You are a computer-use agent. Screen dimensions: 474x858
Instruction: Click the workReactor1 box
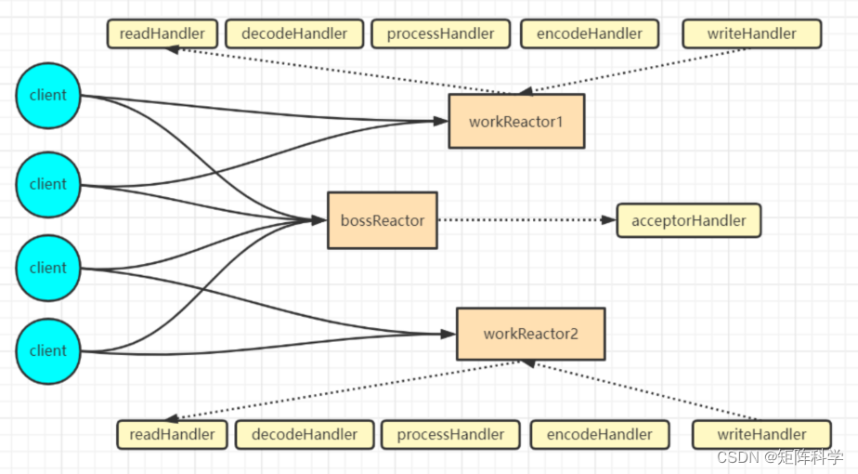point(516,121)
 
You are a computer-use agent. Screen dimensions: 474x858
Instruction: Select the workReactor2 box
point(530,334)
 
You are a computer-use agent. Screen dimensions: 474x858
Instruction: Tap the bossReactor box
point(382,220)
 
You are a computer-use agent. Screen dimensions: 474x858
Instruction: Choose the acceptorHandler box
point(688,220)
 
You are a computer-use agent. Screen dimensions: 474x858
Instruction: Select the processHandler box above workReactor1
point(440,33)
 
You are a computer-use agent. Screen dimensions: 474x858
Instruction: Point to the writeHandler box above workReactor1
point(751,33)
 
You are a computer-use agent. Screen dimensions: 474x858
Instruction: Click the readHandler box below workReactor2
point(172,434)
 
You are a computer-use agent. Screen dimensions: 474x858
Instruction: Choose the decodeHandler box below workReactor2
point(304,434)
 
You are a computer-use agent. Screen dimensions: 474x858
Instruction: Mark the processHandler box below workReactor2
point(450,434)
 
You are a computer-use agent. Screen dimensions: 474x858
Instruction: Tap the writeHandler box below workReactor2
point(761,434)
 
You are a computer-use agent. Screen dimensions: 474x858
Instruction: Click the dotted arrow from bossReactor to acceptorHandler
point(525,220)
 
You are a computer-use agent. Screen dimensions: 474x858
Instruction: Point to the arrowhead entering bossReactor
point(319,220)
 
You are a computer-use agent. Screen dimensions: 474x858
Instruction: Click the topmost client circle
point(47,95)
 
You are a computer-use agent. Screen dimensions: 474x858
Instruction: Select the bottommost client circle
point(47,350)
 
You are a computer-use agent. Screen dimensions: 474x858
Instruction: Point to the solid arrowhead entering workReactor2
point(448,334)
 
